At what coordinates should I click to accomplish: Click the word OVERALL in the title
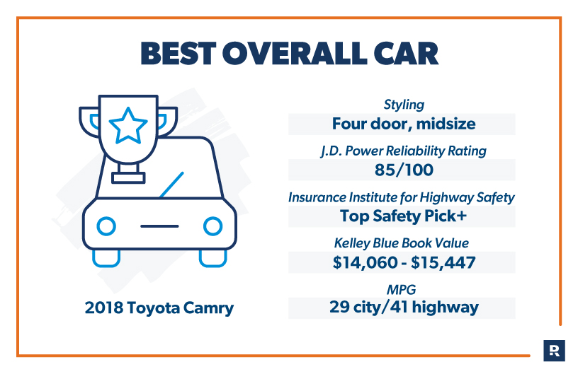coord(295,54)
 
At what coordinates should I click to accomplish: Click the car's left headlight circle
coord(106,226)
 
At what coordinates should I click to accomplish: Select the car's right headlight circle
coord(212,226)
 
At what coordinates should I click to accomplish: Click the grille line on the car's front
coord(159,226)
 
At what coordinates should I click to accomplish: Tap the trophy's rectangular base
coord(128,178)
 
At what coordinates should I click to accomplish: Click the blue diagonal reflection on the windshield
coord(171,185)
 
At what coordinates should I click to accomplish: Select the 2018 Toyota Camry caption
coord(159,308)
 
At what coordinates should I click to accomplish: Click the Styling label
coord(404,105)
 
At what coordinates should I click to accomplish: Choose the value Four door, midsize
coord(404,124)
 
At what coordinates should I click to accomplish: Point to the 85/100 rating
coord(404,170)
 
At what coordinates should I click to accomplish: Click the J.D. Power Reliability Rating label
coord(403,151)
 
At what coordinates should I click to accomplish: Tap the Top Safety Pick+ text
coord(403,216)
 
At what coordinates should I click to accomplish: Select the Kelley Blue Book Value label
coord(402,243)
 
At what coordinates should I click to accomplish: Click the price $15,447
coord(443,262)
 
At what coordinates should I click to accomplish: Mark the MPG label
coord(401,290)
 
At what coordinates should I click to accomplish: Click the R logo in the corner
coord(554,351)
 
